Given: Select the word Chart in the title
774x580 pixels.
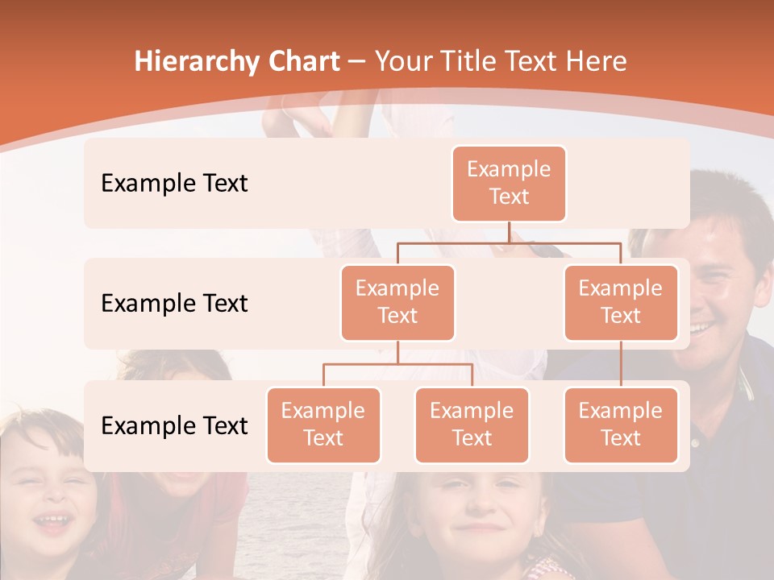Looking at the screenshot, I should click(x=300, y=62).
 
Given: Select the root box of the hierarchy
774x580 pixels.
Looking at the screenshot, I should click(x=509, y=183).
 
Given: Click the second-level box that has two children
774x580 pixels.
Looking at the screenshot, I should click(x=397, y=302).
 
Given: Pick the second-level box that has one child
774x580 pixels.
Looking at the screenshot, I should click(x=621, y=302).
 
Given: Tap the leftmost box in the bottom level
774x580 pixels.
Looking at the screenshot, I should click(x=323, y=425).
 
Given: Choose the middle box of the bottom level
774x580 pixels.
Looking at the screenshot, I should click(x=472, y=425).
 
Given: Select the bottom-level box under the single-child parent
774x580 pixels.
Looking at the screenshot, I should click(x=621, y=425).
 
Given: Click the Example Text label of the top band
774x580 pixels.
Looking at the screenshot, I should click(x=174, y=184).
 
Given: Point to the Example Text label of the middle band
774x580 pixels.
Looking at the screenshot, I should click(x=174, y=304).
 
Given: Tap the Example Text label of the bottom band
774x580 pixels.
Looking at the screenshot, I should click(x=174, y=425).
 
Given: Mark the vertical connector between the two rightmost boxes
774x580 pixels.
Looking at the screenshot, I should click(x=621, y=364).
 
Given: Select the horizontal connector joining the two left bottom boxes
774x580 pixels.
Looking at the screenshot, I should click(x=397, y=364).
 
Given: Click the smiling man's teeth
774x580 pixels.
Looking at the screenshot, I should click(x=701, y=327).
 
